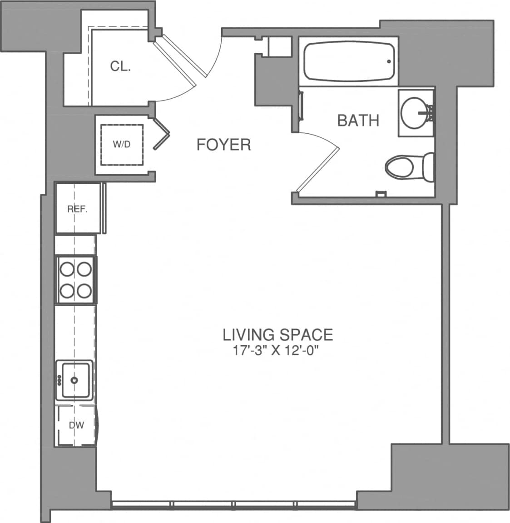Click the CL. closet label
[120, 66]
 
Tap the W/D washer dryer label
[121, 145]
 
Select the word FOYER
[223, 145]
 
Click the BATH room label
[358, 121]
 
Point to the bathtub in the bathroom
[348, 61]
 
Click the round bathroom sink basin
[414, 111]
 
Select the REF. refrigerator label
[77, 209]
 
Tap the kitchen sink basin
[75, 380]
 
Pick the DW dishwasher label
[76, 426]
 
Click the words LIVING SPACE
[277, 335]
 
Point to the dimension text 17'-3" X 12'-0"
[277, 351]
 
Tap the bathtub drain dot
[389, 61]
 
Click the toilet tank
[428, 166]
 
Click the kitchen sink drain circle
[74, 380]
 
